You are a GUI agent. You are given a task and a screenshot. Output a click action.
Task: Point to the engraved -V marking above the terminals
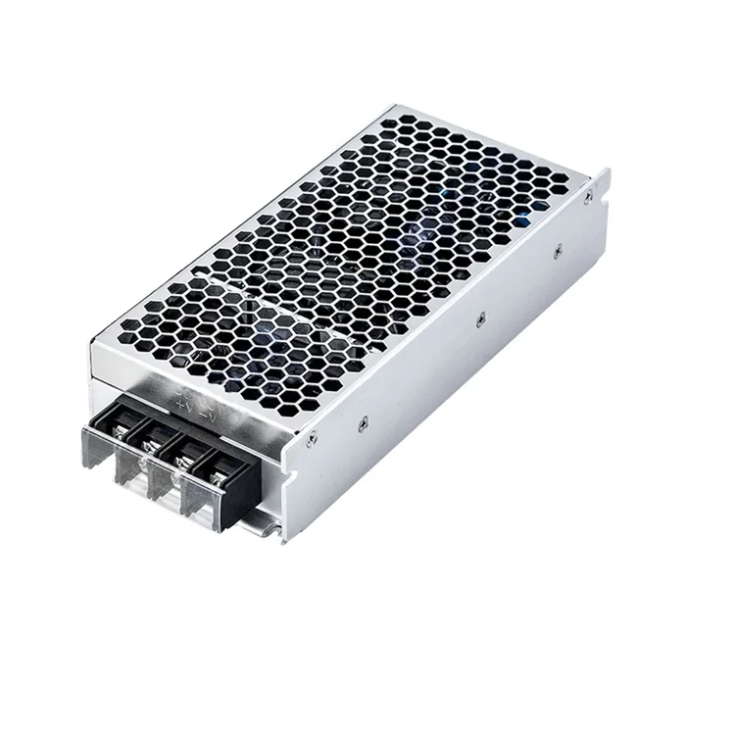209,415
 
